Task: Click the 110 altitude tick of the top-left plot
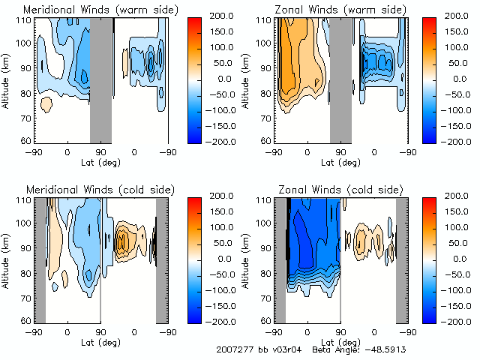tap(25, 21)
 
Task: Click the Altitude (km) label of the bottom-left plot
tap(7, 259)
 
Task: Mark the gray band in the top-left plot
tap(100, 79)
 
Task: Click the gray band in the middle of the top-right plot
tap(340, 79)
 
